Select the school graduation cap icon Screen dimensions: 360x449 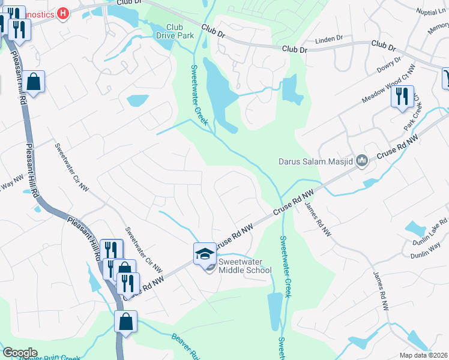point(204,253)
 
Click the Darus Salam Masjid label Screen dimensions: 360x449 point(316,161)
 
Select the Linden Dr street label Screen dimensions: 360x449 point(331,38)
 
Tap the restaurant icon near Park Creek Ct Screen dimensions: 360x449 point(402,96)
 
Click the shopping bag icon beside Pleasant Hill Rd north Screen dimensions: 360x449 point(34,82)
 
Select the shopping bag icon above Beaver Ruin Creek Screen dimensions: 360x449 point(126,322)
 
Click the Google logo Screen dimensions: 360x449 point(20,353)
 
